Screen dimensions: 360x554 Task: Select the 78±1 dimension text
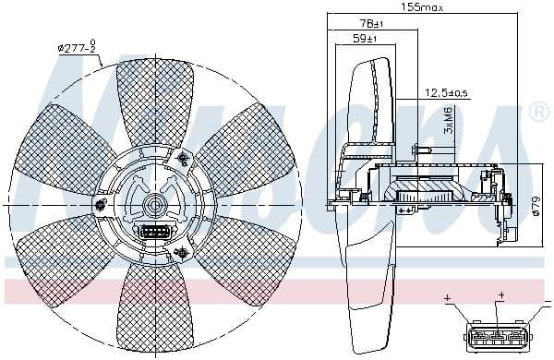click(x=372, y=23)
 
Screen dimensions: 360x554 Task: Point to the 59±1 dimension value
click(x=366, y=39)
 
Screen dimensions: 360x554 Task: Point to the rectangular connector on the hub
click(x=151, y=232)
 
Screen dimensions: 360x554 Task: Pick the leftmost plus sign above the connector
click(x=448, y=298)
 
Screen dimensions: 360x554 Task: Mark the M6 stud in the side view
click(x=424, y=150)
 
